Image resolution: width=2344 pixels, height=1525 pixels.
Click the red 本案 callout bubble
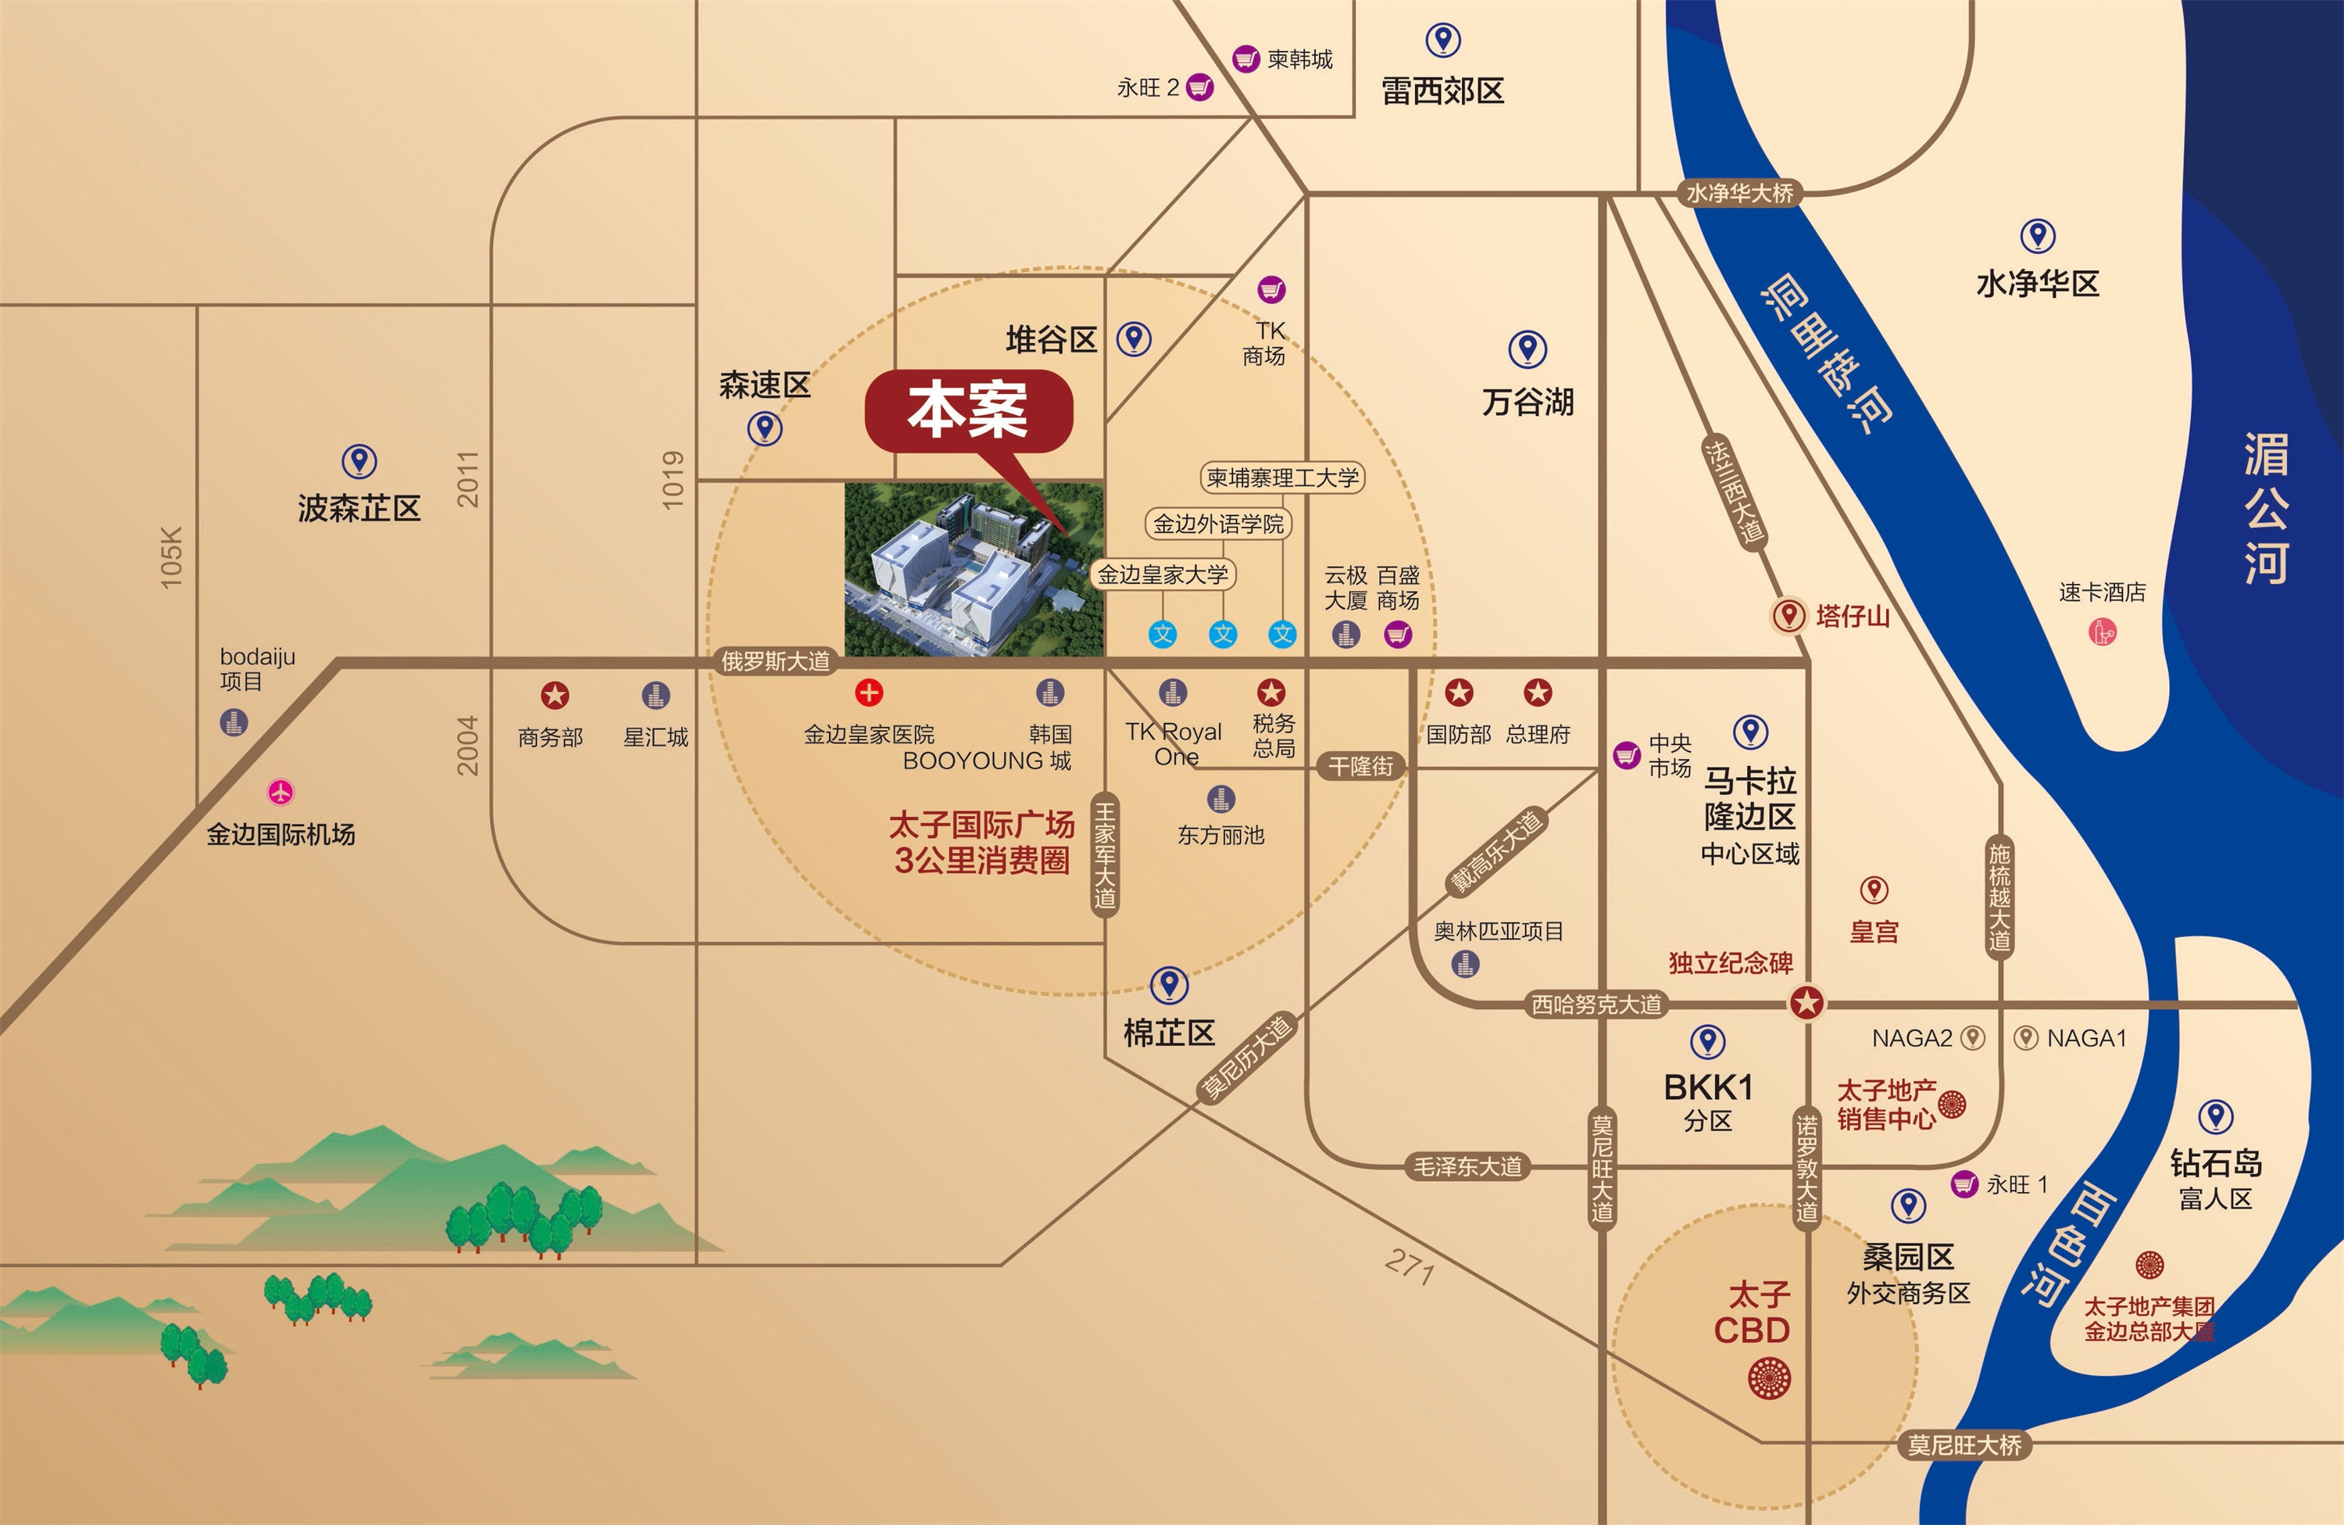coord(968,412)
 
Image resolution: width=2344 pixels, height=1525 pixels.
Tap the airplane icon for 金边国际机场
coord(280,792)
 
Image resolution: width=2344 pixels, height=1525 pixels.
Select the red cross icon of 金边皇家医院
coord(869,693)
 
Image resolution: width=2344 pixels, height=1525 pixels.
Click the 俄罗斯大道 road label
coord(776,661)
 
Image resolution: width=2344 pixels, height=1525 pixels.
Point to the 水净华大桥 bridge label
coord(1739,193)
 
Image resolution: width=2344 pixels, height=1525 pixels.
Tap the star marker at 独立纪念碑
coord(1806,1004)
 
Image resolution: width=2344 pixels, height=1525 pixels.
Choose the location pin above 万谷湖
coord(1528,349)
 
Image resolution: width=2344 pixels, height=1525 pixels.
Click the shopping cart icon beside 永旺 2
coord(1199,88)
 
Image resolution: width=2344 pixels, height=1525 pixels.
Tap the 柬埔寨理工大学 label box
coord(1282,478)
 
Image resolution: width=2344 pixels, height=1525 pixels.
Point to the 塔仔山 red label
coord(1853,617)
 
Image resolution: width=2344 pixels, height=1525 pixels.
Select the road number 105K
coord(171,557)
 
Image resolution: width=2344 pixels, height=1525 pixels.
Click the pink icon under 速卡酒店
coord(2102,632)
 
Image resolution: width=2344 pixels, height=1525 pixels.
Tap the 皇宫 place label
coord(1873,931)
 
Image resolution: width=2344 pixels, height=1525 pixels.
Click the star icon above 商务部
coord(555,696)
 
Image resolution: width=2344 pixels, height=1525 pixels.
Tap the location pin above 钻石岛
coord(2215,1117)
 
